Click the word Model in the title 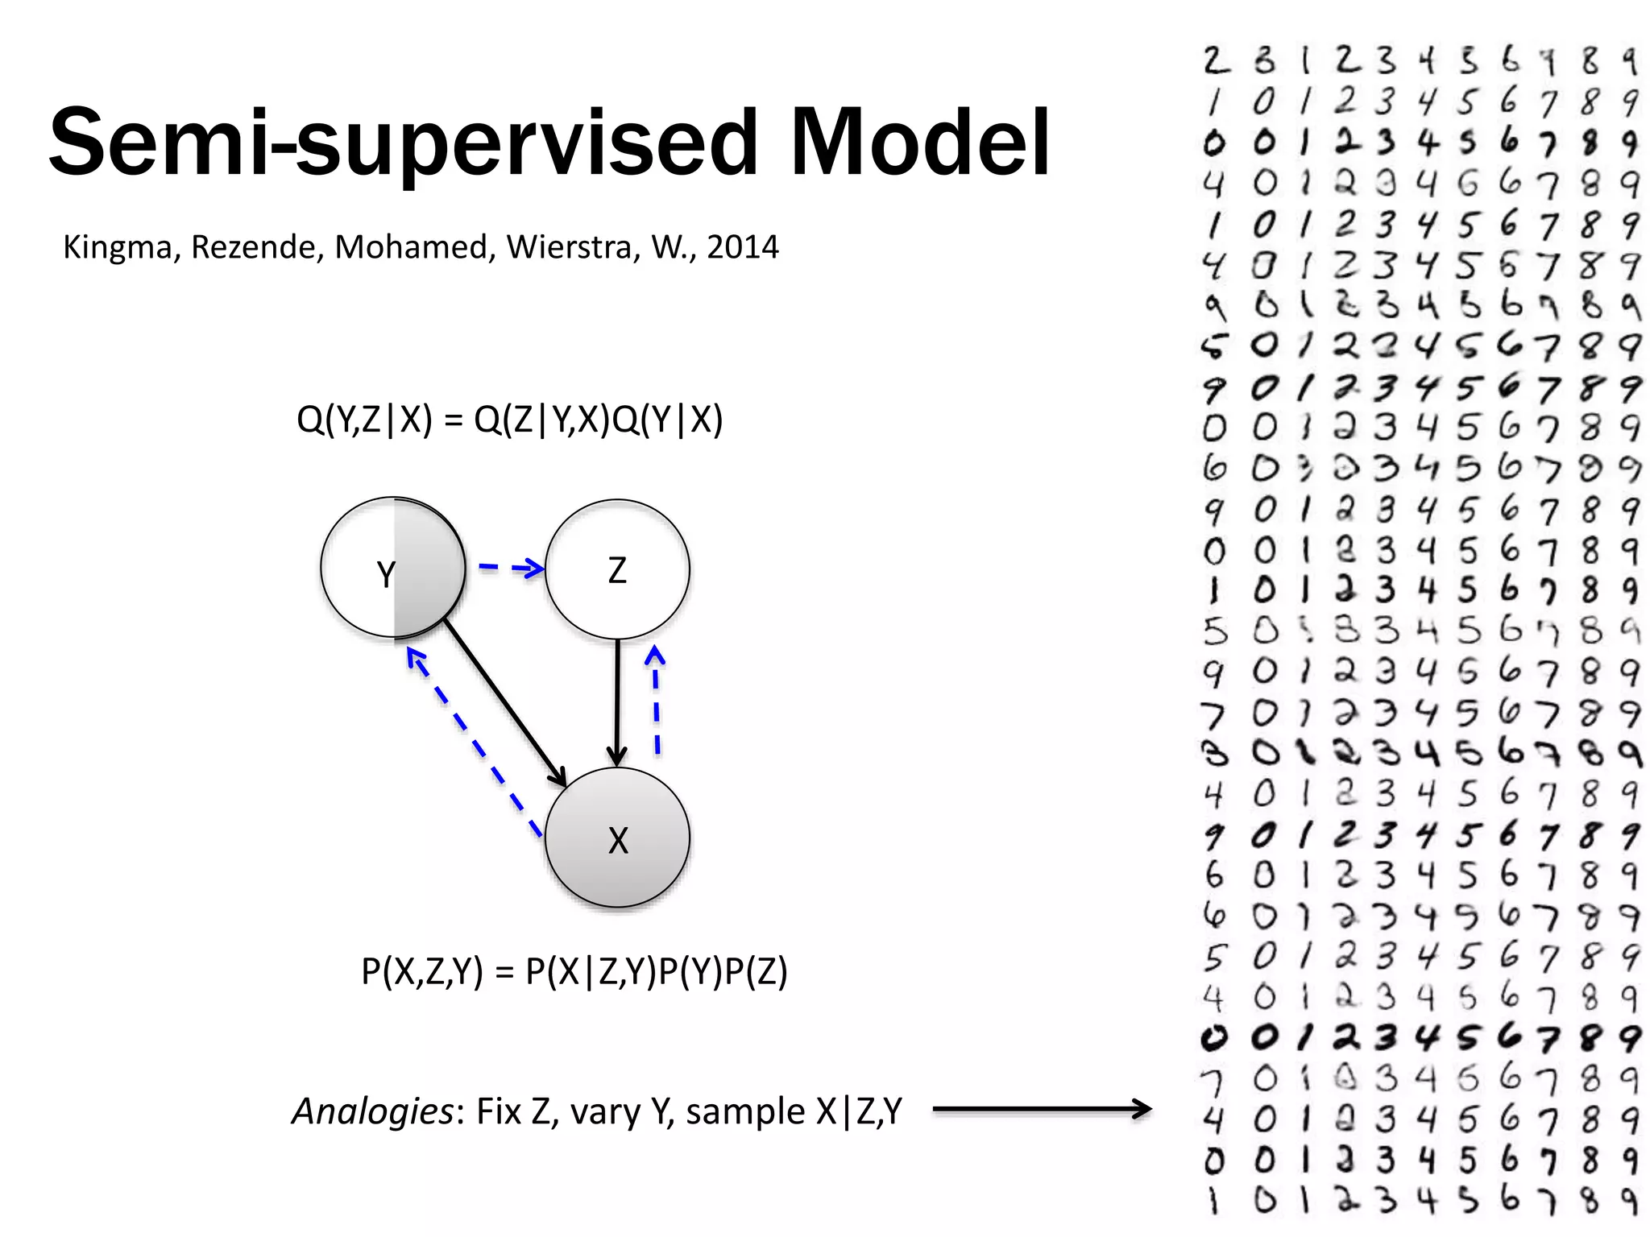920,143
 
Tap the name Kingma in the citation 121,247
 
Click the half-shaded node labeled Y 393,568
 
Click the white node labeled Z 617,569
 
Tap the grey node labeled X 617,838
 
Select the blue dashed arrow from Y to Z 511,569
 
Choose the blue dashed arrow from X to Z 657,701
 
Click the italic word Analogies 372,1111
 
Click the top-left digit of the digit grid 1216,60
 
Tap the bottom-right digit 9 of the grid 1629,1200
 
